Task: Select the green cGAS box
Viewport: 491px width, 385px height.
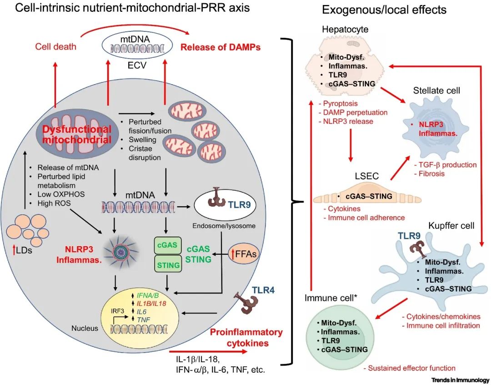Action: click(165, 245)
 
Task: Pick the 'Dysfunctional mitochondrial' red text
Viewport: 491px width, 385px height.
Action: click(77, 134)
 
